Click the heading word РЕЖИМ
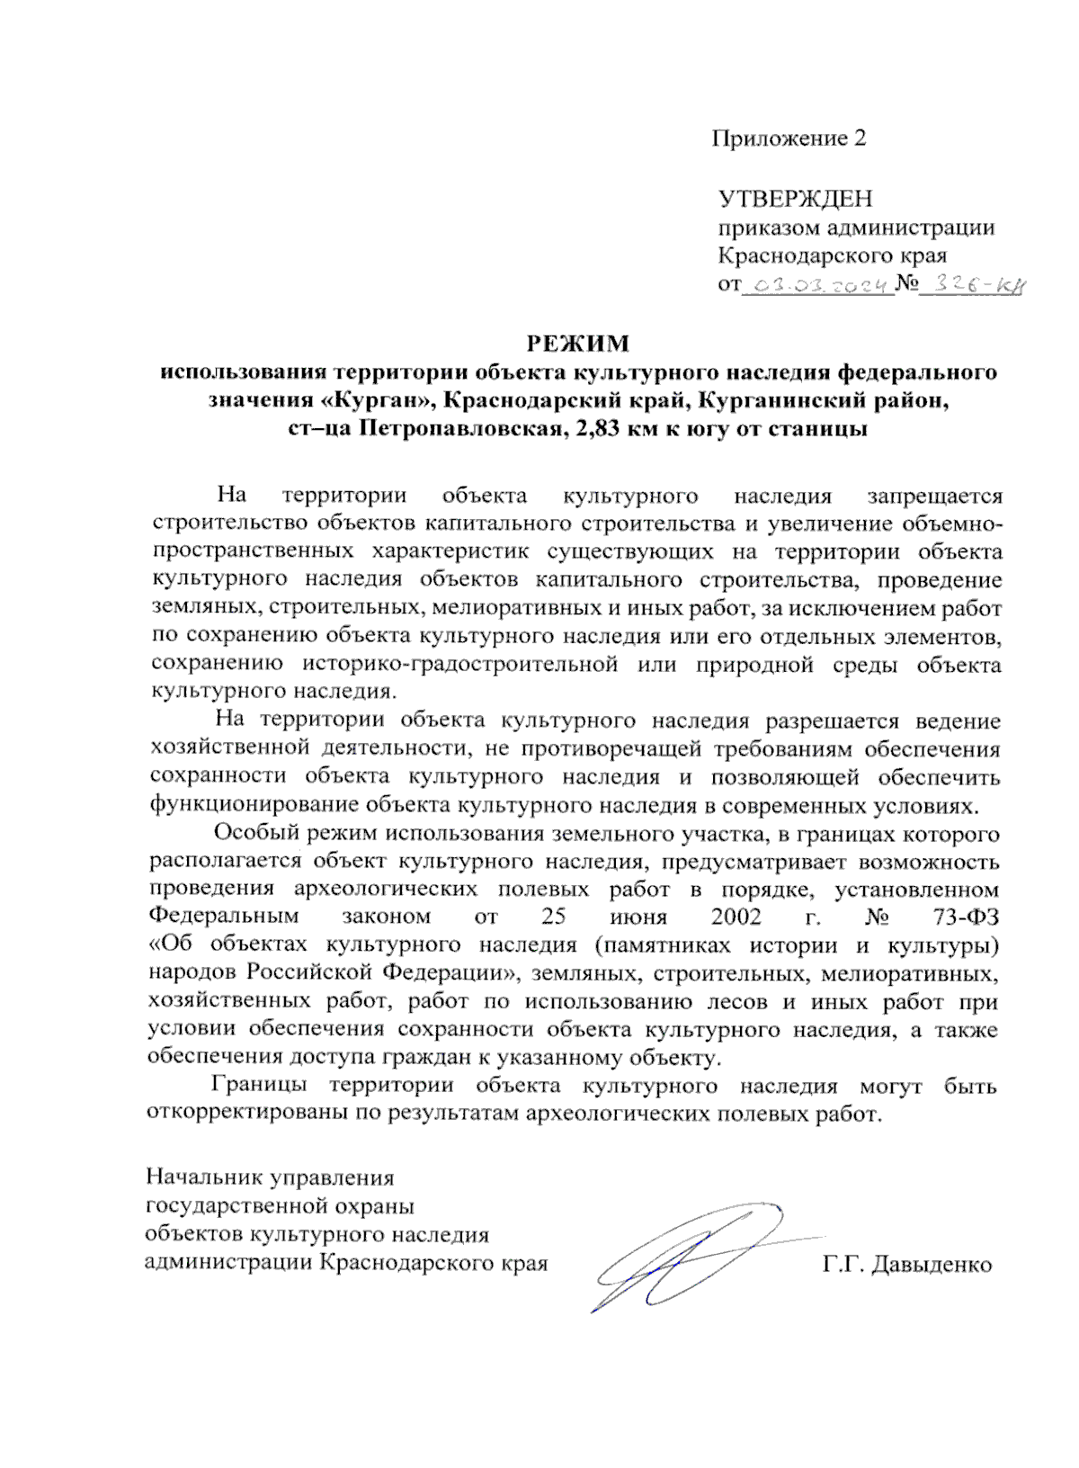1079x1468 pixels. [577, 344]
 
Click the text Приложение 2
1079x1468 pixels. [789, 139]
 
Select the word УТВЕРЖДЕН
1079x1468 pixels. [795, 198]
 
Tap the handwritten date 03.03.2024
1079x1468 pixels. [817, 286]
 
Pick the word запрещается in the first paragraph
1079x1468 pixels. [933, 496]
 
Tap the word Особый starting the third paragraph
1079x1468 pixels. [255, 833]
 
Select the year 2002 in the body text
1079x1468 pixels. [736, 917]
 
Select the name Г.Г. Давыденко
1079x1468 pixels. [906, 1265]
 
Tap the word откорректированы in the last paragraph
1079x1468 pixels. [263, 1114]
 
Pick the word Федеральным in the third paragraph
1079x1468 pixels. [223, 917]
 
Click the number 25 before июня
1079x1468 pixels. [553, 917]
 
